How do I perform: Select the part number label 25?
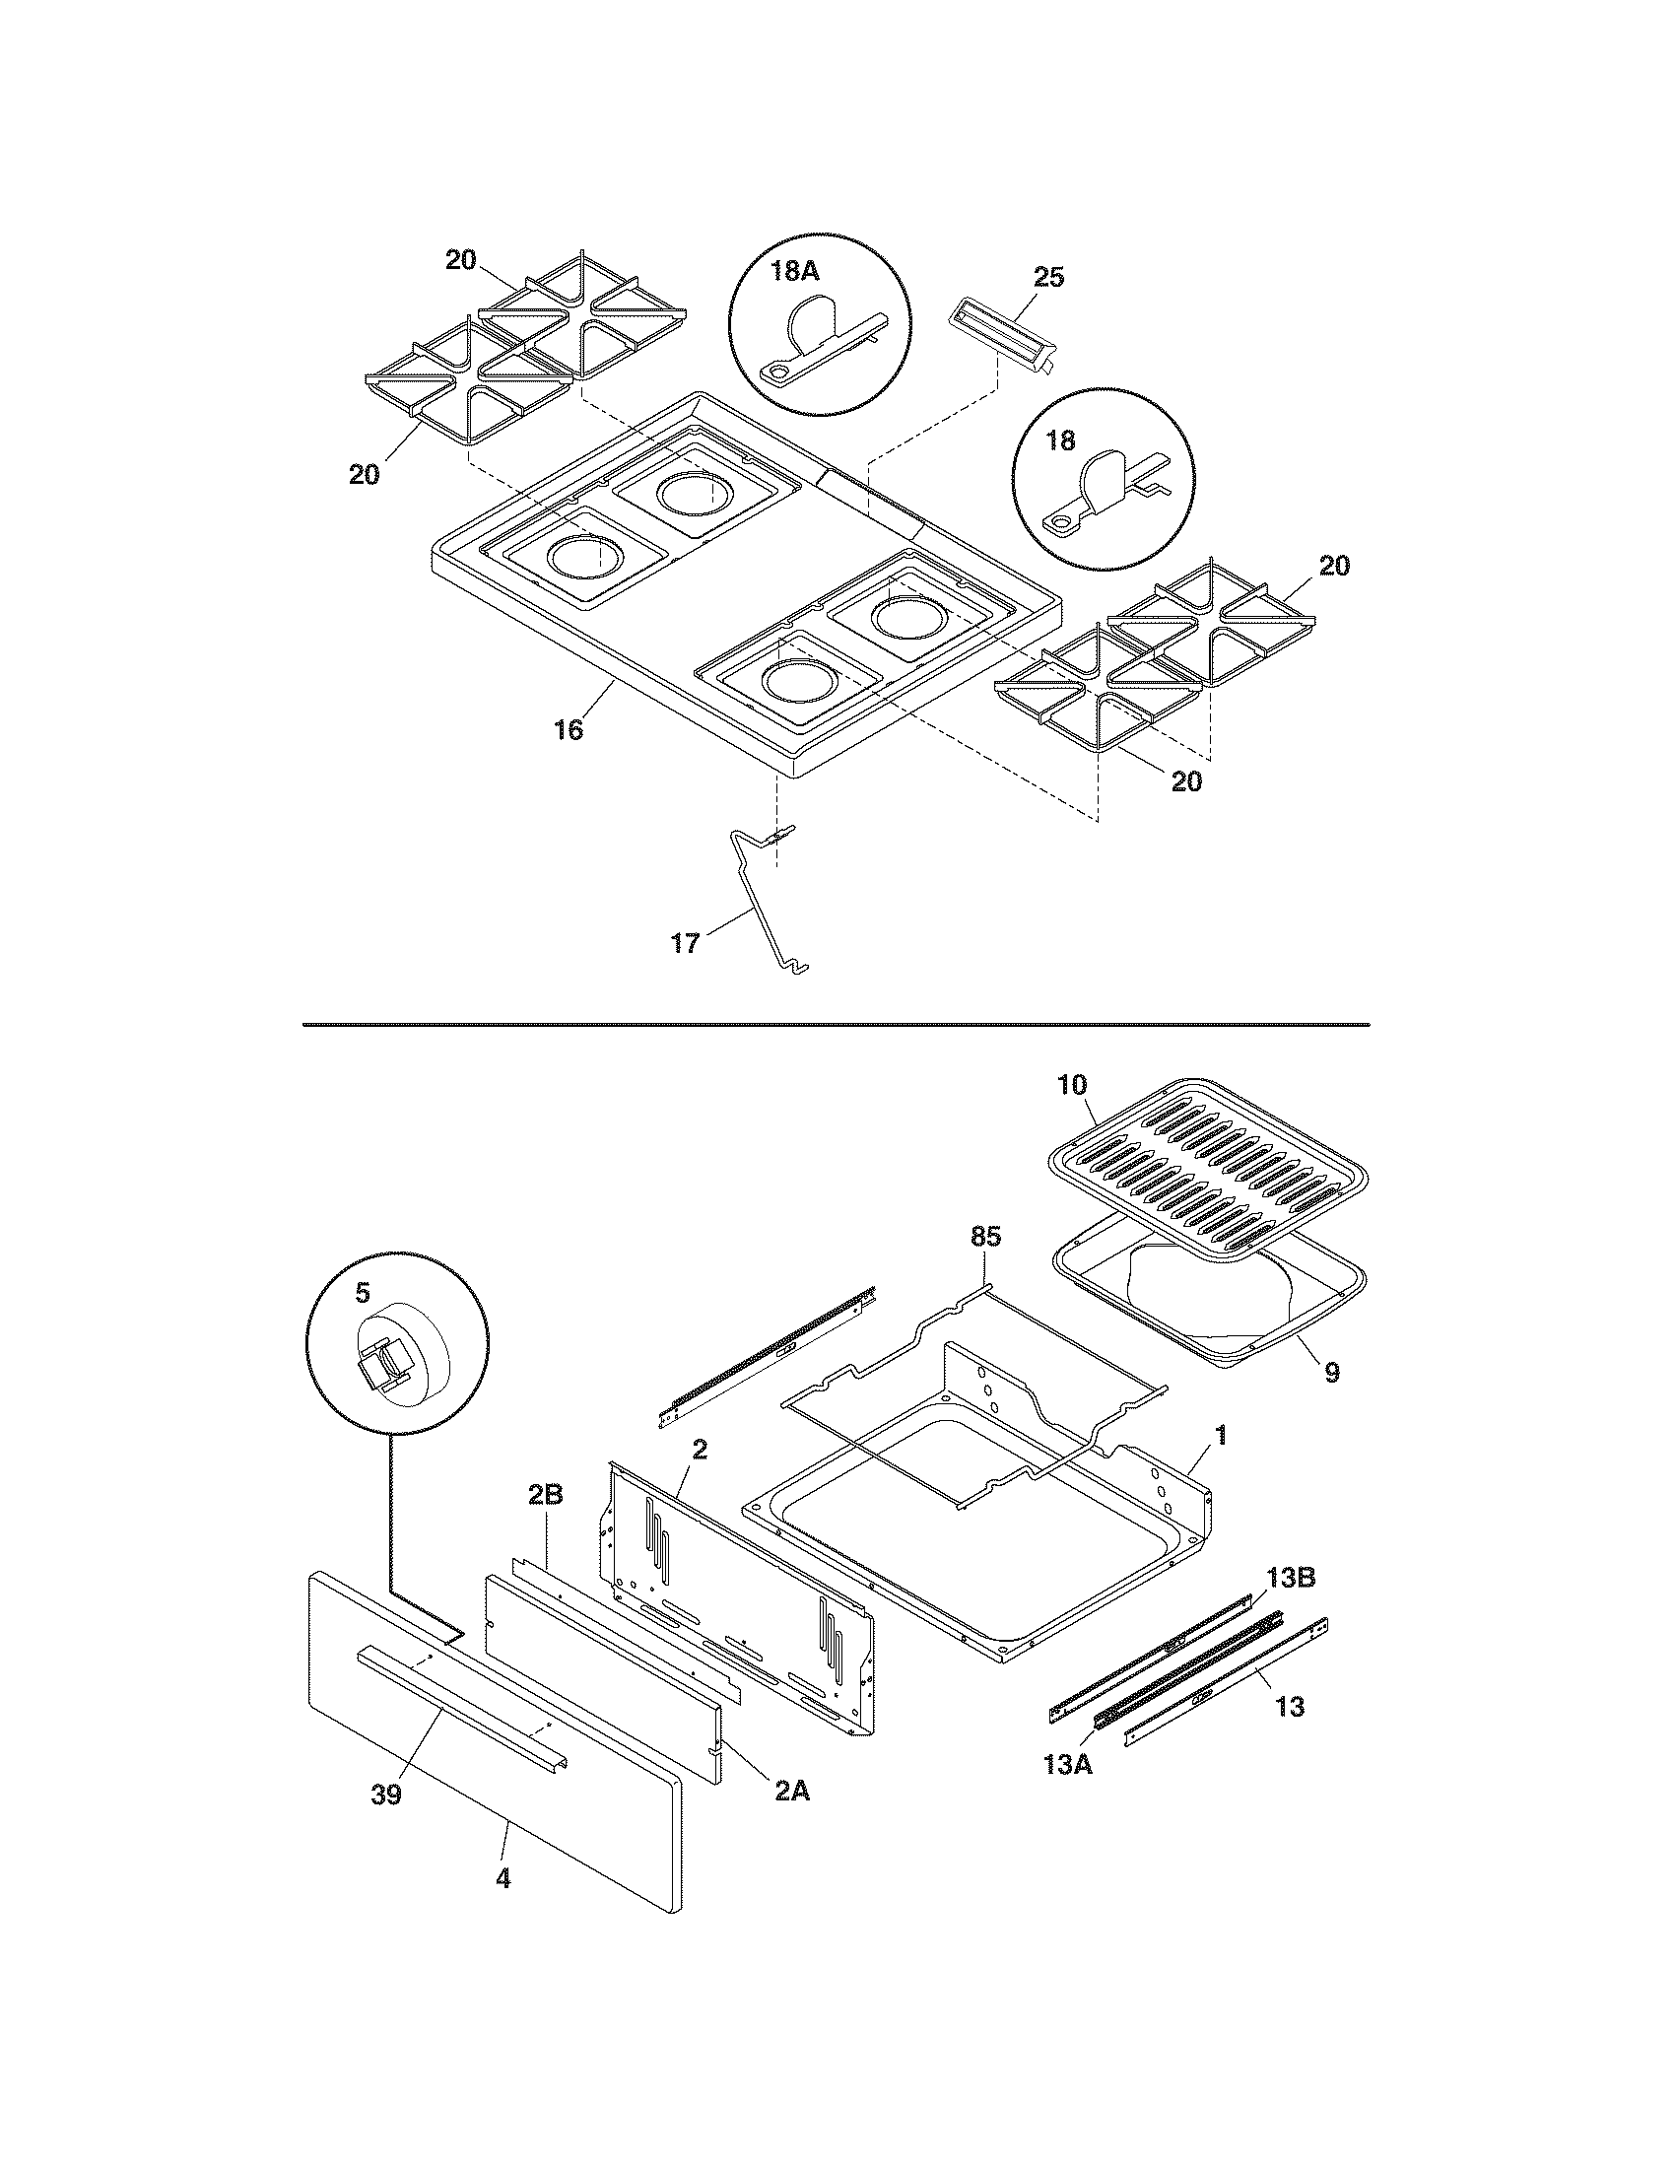1048,277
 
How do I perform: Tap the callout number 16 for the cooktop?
569,729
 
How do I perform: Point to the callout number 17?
686,942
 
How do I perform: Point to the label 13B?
1290,1578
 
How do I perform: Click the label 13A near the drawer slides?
1068,1765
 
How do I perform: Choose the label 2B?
544,1523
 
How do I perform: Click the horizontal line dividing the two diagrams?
836,1023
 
